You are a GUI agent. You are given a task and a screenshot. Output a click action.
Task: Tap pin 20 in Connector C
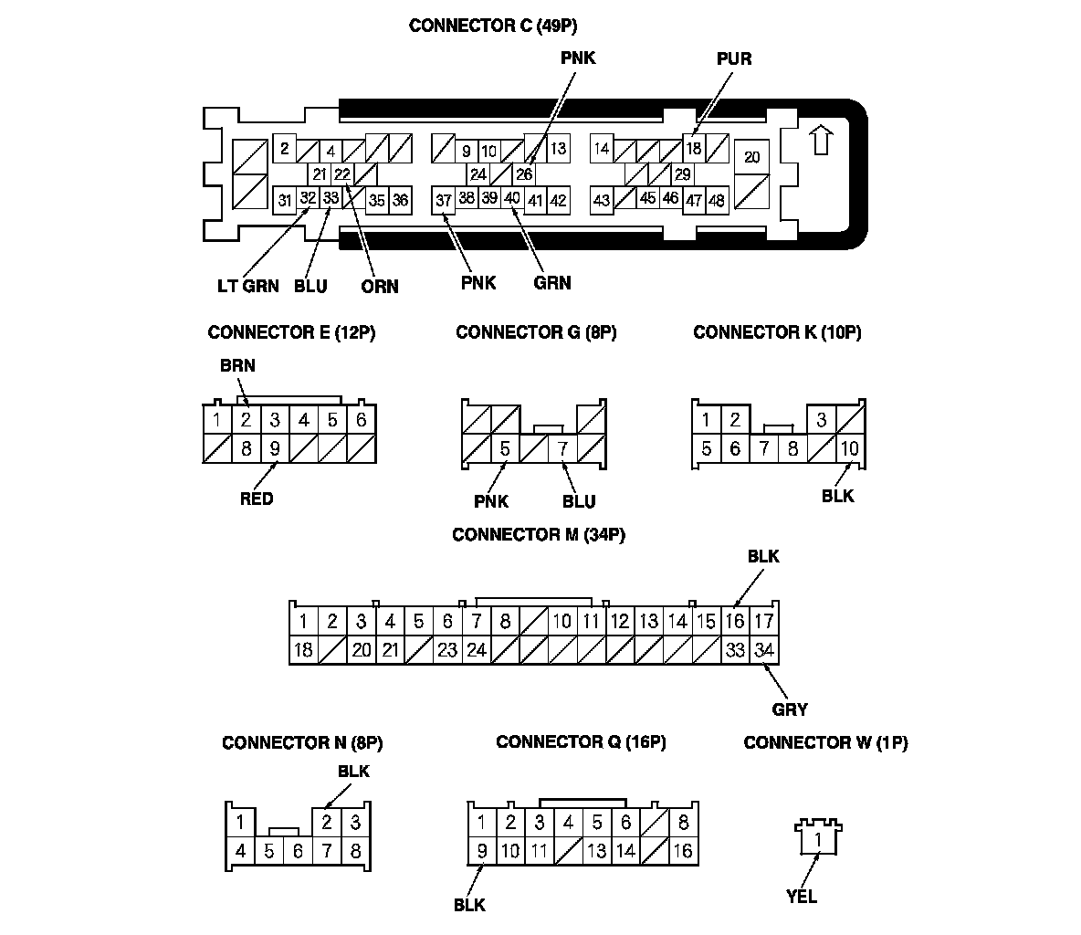pyautogui.click(x=751, y=158)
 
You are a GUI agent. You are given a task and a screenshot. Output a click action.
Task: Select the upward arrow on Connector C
pyautogui.click(x=821, y=140)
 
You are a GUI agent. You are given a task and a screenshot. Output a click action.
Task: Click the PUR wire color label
pyautogui.click(x=734, y=58)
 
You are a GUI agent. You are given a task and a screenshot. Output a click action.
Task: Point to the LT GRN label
pyautogui.click(x=248, y=286)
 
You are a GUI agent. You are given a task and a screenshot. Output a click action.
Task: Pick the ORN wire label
pyautogui.click(x=380, y=286)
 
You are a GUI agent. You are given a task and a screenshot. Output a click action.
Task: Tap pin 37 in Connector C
pyautogui.click(x=444, y=200)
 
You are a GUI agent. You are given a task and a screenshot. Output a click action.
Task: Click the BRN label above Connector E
pyautogui.click(x=237, y=365)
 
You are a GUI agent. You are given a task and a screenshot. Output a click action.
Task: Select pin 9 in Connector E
pyautogui.click(x=275, y=448)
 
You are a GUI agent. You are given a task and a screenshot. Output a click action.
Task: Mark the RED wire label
pyautogui.click(x=257, y=499)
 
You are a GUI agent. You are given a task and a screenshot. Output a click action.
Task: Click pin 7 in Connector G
pyautogui.click(x=562, y=448)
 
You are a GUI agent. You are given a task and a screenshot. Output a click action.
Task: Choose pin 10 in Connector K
pyautogui.click(x=850, y=448)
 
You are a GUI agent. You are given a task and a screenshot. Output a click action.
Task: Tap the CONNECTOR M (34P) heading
pyautogui.click(x=539, y=535)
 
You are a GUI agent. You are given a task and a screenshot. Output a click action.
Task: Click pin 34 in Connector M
pyautogui.click(x=764, y=650)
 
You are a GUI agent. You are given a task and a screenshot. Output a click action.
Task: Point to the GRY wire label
pyautogui.click(x=790, y=709)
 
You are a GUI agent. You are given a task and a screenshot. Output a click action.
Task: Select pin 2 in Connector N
pyautogui.click(x=326, y=822)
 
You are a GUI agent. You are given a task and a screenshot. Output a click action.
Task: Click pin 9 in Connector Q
pyautogui.click(x=481, y=851)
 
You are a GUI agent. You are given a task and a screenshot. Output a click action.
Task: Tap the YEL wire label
pyautogui.click(x=802, y=896)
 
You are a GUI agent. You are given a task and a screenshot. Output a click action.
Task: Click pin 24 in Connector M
pyautogui.click(x=476, y=650)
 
